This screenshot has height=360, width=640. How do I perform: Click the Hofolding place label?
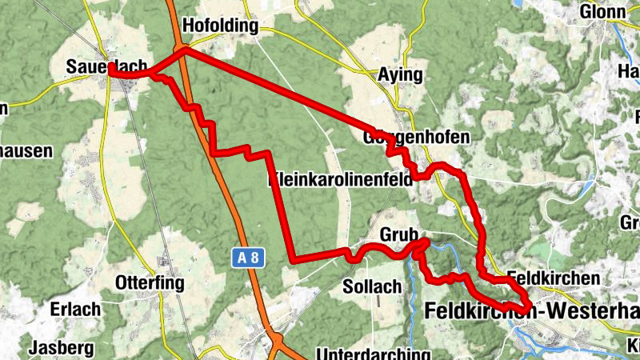pos(221,26)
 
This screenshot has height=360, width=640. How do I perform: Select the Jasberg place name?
pos(62,348)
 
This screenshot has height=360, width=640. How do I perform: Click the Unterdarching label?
pos(374,354)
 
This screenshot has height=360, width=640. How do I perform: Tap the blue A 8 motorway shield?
pos(247,258)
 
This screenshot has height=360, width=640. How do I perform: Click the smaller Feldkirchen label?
pos(553,278)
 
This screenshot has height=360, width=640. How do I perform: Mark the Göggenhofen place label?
pos(421,138)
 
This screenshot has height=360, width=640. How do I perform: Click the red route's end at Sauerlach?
pos(110,71)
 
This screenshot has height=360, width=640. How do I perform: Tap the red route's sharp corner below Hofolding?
pos(184,50)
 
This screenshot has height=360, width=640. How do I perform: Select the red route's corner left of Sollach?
pos(295,260)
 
